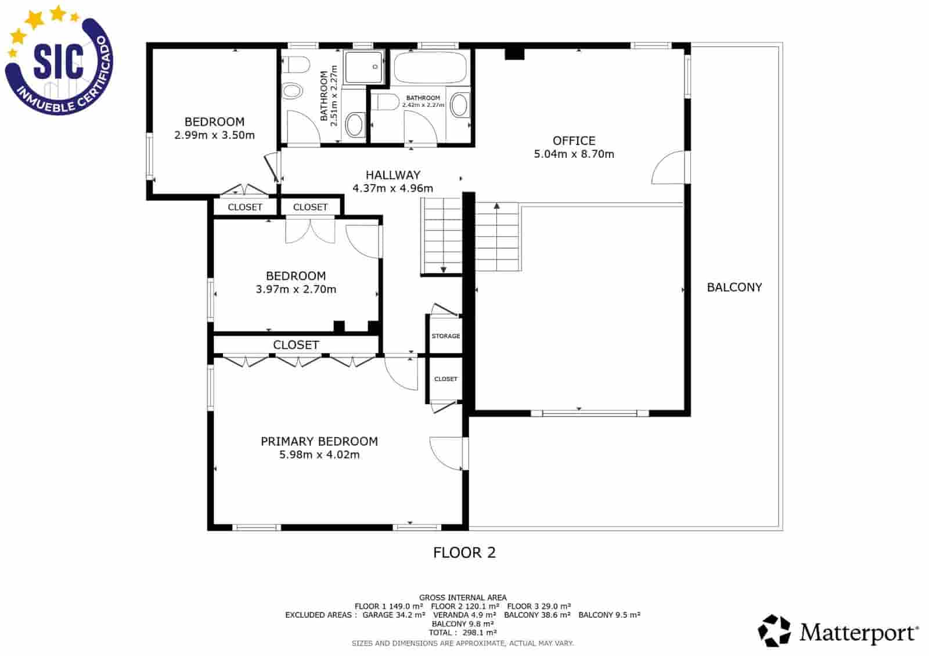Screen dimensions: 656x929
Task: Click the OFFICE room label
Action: (574, 140)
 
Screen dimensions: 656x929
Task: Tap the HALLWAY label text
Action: (393, 175)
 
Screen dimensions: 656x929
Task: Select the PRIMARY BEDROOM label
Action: (319, 441)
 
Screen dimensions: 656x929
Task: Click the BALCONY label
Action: (734, 287)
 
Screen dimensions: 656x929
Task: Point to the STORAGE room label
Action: (445, 336)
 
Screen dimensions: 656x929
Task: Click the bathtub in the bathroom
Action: (430, 68)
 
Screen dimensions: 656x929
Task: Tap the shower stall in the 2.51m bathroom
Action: (363, 67)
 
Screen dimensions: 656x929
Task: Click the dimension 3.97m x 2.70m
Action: (296, 289)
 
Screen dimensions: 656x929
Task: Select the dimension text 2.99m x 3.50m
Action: (214, 135)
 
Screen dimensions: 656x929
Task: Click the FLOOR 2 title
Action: (464, 553)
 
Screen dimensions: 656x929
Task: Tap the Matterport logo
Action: (838, 631)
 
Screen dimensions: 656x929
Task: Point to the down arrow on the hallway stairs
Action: (444, 269)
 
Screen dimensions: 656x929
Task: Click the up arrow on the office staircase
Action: (497, 206)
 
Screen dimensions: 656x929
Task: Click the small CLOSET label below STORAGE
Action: (445, 379)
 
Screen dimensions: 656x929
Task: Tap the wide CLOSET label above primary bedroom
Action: (296, 345)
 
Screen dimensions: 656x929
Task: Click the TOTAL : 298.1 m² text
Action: (463, 633)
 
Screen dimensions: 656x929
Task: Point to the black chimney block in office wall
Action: (514, 54)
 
